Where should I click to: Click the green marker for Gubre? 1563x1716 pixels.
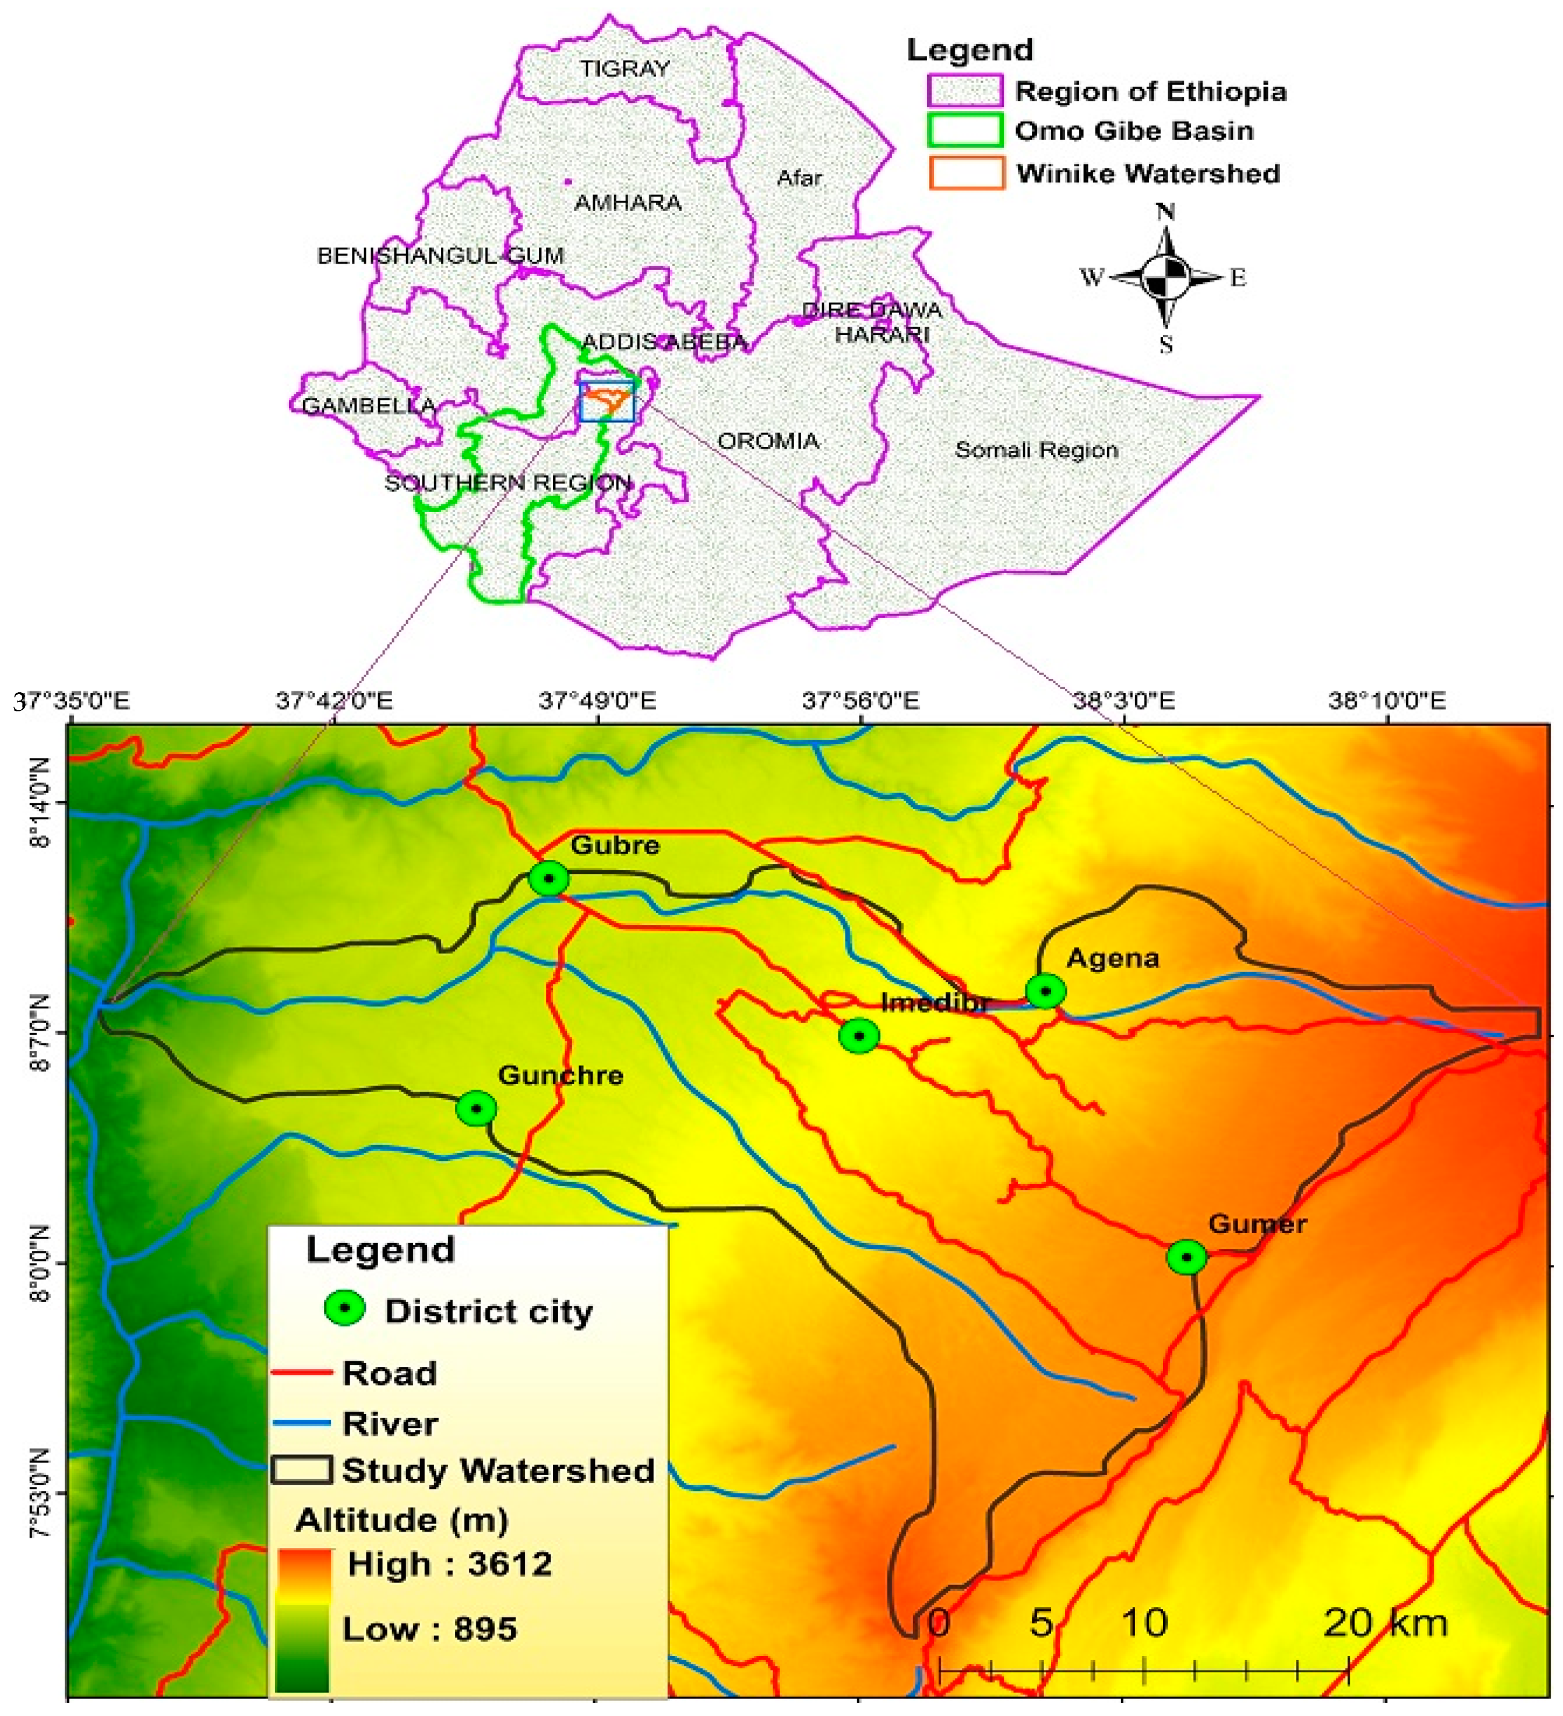tap(549, 878)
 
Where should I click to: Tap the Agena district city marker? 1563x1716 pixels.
tap(1046, 991)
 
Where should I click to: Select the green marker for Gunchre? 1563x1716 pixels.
tap(476, 1108)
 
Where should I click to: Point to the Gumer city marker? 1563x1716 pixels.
tap(1186, 1257)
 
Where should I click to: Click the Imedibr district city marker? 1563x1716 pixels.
tap(859, 1036)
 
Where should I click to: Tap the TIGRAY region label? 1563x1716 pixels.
tap(625, 69)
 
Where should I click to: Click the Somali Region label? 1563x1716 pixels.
tap(1036, 450)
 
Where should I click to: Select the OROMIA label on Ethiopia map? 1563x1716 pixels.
tap(768, 441)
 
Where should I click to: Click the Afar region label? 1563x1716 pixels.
tap(798, 178)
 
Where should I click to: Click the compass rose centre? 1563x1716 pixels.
tap(1166, 277)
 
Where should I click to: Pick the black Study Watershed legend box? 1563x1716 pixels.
tap(301, 1469)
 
